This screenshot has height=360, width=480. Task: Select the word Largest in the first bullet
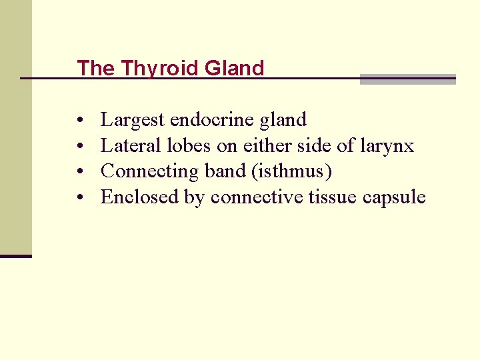(x=133, y=121)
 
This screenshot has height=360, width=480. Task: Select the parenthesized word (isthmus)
(x=291, y=171)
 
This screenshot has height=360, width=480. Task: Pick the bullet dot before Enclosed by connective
(x=79, y=198)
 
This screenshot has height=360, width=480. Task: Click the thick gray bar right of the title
(x=407, y=79)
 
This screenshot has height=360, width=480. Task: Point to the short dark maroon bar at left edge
(x=15, y=256)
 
